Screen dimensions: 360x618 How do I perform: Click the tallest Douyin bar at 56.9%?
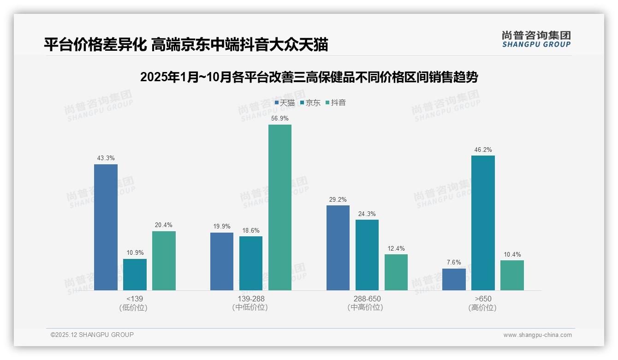[280, 207]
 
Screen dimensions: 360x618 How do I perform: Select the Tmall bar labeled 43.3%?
[106, 227]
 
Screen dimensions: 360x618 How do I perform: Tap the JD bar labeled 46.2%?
[483, 223]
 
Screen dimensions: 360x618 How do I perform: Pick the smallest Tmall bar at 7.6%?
[454, 279]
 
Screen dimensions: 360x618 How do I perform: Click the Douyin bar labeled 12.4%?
[396, 272]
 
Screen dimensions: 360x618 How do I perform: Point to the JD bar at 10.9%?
[135, 275]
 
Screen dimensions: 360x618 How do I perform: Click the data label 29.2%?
[338, 199]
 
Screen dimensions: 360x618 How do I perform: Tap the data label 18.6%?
[251, 230]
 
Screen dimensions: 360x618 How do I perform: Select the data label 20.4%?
[164, 225]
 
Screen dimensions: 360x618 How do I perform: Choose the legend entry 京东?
[310, 103]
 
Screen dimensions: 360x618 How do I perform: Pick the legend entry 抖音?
[336, 103]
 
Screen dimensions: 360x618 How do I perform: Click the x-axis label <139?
[134, 299]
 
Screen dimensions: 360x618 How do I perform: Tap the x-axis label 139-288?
[250, 299]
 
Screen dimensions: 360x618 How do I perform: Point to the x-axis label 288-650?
[367, 299]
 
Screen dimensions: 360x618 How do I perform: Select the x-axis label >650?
[482, 299]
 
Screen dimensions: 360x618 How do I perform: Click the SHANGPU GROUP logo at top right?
[536, 39]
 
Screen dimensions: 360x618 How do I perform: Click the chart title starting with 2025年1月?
[309, 77]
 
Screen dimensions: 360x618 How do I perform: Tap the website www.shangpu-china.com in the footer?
[537, 335]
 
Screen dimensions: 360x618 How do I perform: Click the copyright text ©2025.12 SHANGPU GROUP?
[92, 335]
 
